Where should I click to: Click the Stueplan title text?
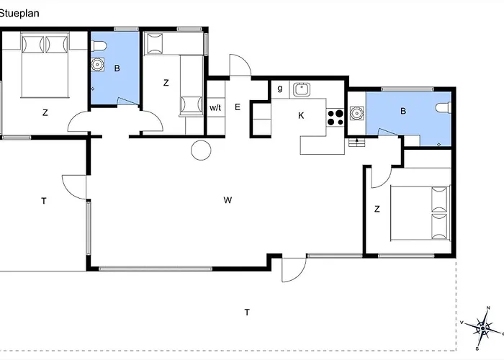coord(19,14)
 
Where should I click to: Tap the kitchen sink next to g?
coord(302,89)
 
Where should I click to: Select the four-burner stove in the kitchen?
coord(336,117)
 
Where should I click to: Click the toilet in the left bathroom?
coord(99,45)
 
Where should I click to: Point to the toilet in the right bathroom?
coord(444,107)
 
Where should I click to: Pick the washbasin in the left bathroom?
coord(97,64)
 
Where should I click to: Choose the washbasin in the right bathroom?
coord(356,113)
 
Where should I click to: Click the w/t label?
coord(215,108)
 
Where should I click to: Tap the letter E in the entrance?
coord(238,107)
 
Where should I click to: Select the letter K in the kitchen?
coord(301,115)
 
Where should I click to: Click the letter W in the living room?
coord(228,200)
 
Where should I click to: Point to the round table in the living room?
coord(201,150)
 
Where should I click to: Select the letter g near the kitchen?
coord(280,89)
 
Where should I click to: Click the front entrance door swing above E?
coord(240,66)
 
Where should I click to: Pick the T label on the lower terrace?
coord(247,312)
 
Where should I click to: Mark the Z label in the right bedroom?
coord(377,210)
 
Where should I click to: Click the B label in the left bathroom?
coord(117,68)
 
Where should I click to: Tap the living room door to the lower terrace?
coord(294,270)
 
